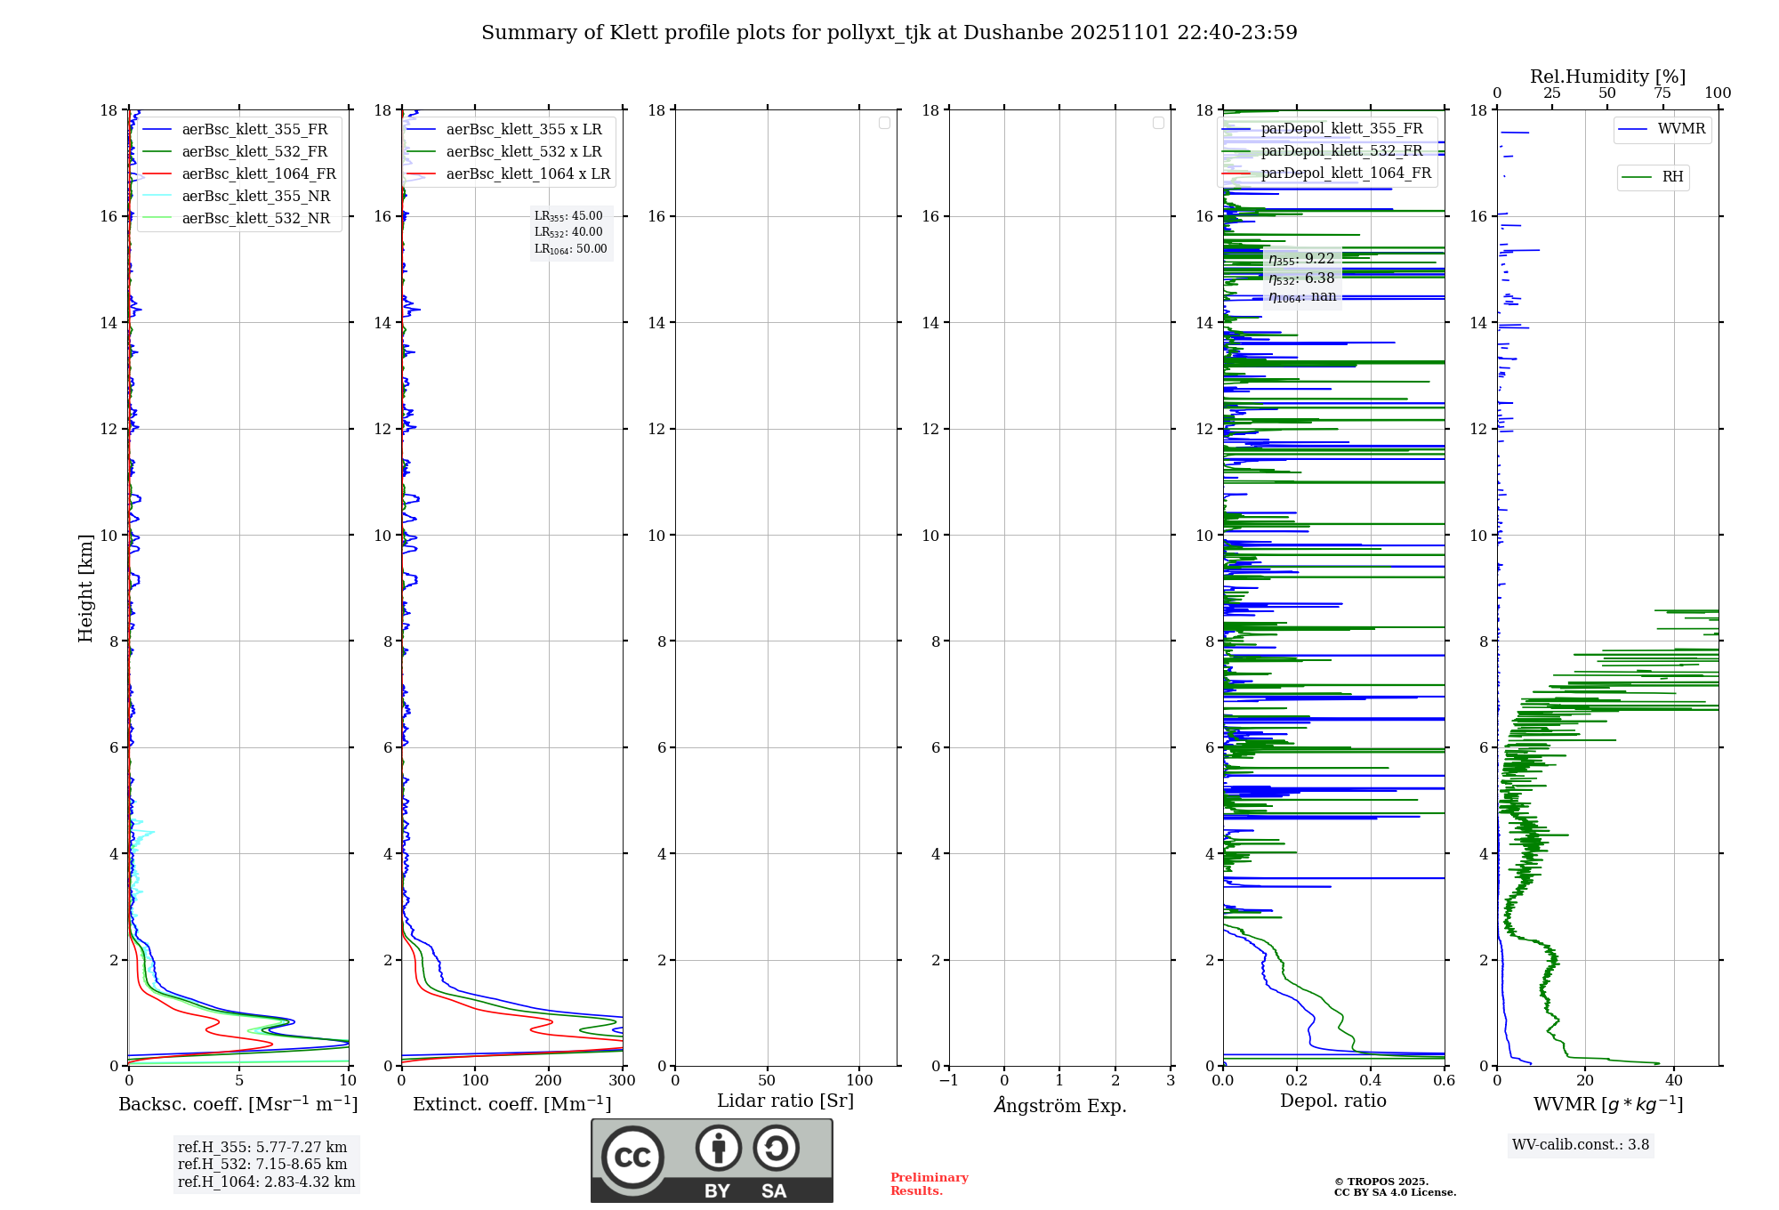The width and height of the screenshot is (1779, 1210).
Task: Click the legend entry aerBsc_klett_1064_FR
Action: point(259,174)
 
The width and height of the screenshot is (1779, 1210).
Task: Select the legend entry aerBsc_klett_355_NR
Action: point(255,197)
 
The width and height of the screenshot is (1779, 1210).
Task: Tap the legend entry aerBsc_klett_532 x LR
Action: point(523,152)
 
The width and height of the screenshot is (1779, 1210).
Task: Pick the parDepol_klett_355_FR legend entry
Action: point(1341,129)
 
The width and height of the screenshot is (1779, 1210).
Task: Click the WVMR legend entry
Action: point(1681,129)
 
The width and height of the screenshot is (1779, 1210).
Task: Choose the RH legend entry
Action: point(1672,177)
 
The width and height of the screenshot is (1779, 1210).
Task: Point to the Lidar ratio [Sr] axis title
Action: point(785,1101)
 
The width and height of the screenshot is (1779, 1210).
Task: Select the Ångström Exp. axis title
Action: point(1059,1106)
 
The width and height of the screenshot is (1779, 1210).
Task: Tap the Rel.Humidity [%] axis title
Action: point(1607,77)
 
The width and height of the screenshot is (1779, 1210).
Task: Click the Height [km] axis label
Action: point(85,588)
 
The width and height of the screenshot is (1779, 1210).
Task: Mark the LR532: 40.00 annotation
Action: point(568,232)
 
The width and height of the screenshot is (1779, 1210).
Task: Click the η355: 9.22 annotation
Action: point(1301,259)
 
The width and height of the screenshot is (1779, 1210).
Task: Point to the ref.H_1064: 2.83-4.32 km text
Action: point(266,1182)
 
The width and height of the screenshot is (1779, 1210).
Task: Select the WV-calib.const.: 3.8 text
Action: point(1581,1145)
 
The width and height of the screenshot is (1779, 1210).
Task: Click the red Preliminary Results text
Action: point(929,1184)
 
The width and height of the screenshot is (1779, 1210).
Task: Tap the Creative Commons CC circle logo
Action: point(632,1158)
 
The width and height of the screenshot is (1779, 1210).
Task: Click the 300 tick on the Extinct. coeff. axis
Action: point(623,1081)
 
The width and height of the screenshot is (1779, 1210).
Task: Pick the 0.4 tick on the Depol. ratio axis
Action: point(1371,1081)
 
